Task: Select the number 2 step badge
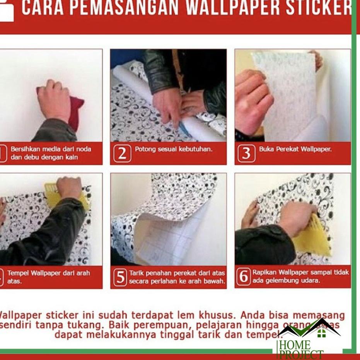coord(122,154)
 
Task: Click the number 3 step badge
coord(246,154)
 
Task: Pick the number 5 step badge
coord(120,277)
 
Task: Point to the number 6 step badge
coord(244,277)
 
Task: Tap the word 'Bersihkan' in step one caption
coord(24,149)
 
